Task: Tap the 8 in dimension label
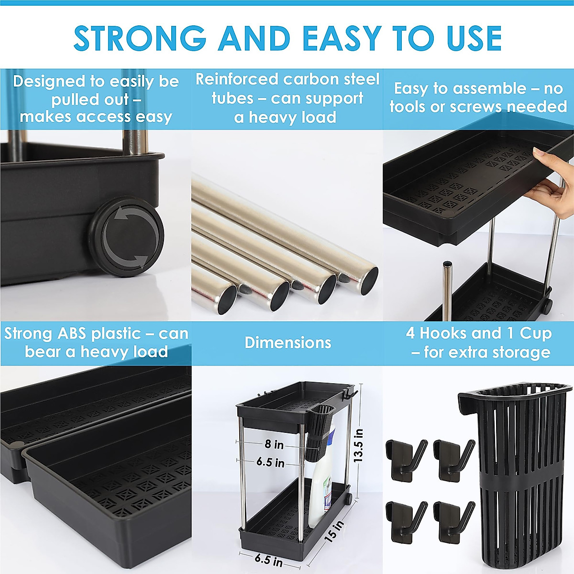275,444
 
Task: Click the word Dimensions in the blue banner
287,342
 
